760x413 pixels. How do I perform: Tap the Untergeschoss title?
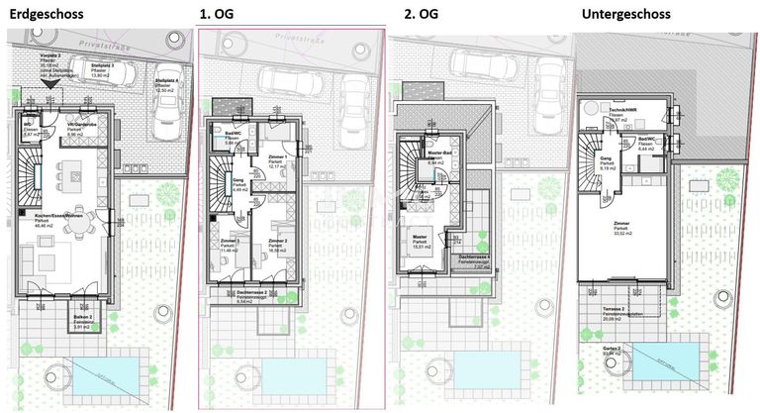(625, 14)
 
